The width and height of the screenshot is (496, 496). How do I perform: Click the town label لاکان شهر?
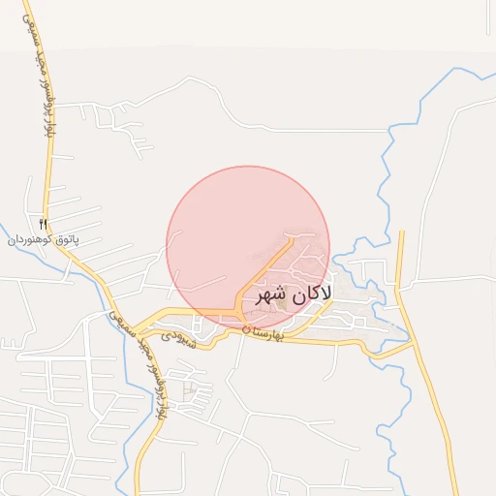pos(294,294)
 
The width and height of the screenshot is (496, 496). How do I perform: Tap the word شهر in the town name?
pos(271,295)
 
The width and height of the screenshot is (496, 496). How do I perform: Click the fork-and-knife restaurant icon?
pos(43,224)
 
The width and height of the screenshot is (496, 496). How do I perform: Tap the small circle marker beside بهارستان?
pos(246,330)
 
